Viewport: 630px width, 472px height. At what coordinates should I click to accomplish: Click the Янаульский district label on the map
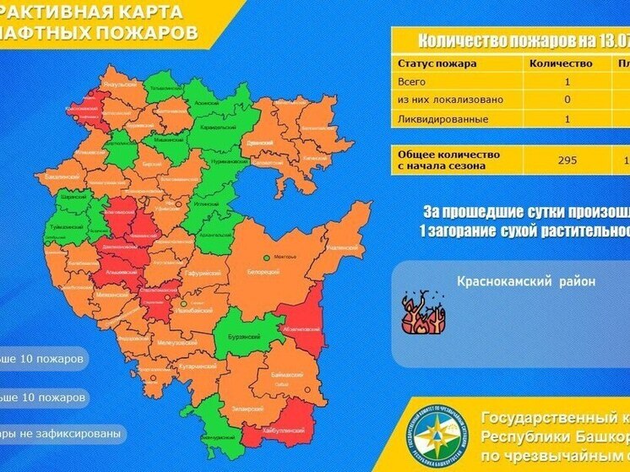(x=118, y=85)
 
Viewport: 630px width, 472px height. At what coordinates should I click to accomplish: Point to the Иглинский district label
(x=205, y=203)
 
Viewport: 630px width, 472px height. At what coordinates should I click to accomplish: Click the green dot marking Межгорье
(x=266, y=257)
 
